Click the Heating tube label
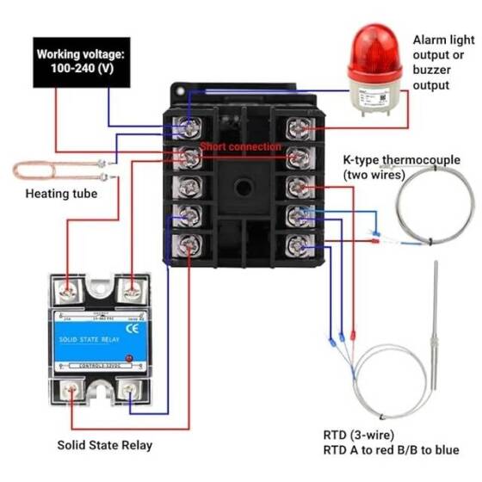[x=61, y=194]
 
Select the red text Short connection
[x=240, y=147]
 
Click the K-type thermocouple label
[x=396, y=167]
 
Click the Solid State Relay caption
[x=104, y=445]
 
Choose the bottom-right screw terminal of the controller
[x=299, y=244]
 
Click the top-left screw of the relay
[x=65, y=291]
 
